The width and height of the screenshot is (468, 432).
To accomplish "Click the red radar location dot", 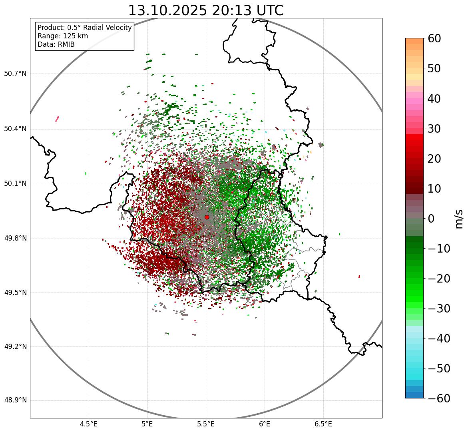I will [207, 217].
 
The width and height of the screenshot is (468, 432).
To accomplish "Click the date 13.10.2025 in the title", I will [167, 10].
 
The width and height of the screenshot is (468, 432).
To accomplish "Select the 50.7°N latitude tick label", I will [15, 74].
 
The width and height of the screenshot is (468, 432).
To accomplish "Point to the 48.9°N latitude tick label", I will [15, 400].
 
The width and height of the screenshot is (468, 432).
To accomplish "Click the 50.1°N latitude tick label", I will [15, 183].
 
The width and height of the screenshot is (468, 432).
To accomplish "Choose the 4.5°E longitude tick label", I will [88, 424].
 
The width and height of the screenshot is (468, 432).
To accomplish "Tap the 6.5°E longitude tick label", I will [323, 424].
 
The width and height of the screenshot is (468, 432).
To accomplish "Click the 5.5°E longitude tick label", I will [206, 424].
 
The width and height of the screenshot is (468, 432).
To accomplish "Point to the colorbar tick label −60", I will [438, 398].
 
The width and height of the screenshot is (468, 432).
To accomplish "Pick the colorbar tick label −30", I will [438, 309].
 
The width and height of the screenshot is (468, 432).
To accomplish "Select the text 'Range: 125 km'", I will [63, 36].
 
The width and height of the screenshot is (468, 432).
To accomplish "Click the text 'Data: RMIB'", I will [56, 44].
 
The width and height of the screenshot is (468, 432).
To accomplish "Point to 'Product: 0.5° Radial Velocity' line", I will [84, 28].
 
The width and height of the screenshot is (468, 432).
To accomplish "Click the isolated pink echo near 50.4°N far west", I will [57, 119].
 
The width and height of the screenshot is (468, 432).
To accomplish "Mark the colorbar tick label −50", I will [438, 368].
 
